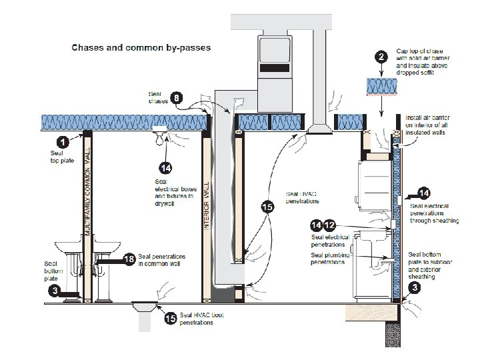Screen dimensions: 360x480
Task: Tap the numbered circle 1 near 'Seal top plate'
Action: click(62, 141)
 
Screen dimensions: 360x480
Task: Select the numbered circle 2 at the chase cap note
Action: click(380, 57)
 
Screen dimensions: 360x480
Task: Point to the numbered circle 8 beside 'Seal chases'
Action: click(176, 97)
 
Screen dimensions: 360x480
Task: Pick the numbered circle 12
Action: click(329, 227)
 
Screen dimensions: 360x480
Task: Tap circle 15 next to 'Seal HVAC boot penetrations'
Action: click(171, 319)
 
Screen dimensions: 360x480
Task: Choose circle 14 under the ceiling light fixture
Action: click(165, 167)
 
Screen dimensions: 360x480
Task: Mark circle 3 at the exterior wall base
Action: click(415, 288)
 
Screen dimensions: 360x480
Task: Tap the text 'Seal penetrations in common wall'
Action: click(162, 260)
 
